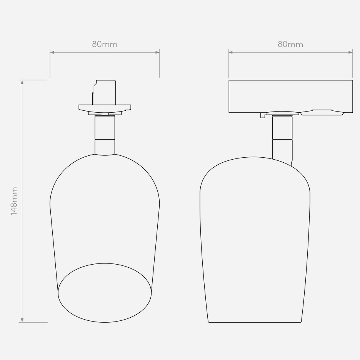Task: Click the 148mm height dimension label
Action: click(14, 201)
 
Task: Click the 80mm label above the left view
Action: click(105, 44)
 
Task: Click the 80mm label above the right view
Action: click(290, 44)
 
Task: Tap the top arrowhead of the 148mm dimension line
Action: click(22, 82)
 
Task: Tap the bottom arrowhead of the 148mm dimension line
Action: click(22, 320)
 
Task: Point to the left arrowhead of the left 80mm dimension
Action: click(52, 52)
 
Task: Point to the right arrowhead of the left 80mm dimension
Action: click(157, 52)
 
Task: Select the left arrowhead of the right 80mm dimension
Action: click(231, 52)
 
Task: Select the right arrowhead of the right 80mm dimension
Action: click(350, 52)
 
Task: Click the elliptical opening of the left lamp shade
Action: click(105, 263)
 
